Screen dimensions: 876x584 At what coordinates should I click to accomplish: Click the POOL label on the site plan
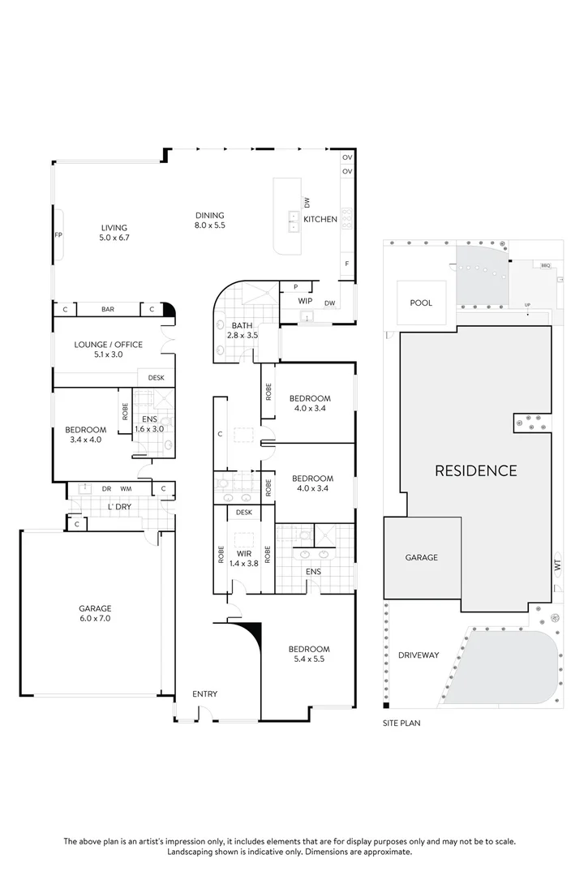coord(421,303)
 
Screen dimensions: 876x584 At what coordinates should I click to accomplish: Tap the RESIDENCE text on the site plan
coord(475,470)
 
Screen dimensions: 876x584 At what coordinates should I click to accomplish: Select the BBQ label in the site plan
coord(545,264)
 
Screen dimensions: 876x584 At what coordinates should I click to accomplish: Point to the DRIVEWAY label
coord(419,655)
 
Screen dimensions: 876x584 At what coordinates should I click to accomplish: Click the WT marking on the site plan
coord(558,567)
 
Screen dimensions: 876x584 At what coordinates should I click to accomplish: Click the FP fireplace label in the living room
coord(58,235)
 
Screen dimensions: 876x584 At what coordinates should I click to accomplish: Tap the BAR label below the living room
coord(108,309)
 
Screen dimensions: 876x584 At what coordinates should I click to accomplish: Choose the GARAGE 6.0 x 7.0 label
coord(95,613)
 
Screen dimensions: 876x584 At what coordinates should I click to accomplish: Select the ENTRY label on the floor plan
coord(204,693)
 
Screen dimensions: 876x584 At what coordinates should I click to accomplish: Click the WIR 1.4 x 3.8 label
coord(244,558)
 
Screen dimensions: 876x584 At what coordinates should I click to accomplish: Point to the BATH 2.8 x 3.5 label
coord(243,330)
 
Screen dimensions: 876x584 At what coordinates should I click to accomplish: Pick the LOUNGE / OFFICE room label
coord(108,349)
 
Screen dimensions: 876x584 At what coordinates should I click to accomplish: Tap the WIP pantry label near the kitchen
coord(306,301)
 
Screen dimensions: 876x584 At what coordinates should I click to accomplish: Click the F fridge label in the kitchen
coord(347,264)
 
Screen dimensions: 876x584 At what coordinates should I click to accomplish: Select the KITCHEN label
coord(320,219)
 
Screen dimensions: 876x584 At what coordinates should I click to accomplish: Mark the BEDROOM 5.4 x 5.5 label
coord(308,654)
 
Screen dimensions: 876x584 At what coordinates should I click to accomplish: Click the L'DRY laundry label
coord(119,507)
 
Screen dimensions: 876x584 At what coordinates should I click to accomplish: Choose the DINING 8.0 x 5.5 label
coord(209,220)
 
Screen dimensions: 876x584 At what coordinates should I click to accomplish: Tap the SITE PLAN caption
coord(401,721)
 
